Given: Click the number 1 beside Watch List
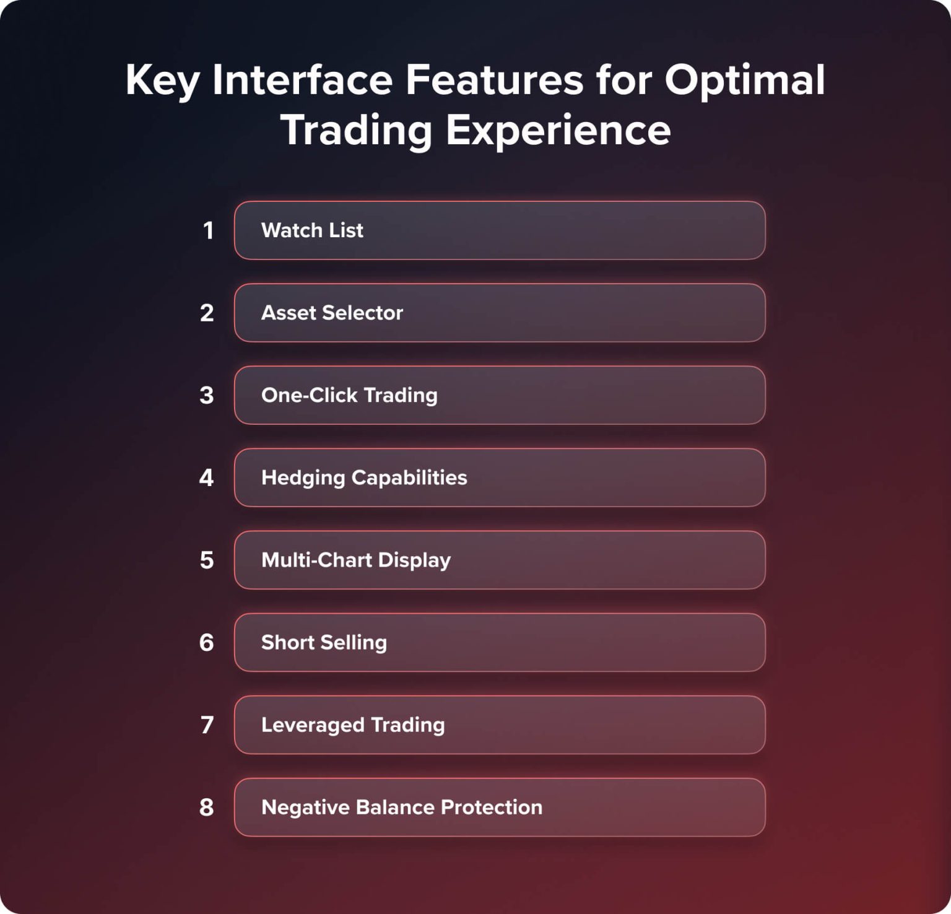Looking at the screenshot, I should [x=208, y=230].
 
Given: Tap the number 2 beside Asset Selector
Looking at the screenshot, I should [x=207, y=313].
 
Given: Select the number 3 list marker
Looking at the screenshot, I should [x=207, y=395].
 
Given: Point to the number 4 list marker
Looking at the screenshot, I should [x=207, y=477].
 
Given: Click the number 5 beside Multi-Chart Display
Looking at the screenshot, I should [x=207, y=560].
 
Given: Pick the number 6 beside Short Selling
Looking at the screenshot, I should [x=207, y=642].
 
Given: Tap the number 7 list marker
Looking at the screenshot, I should [x=207, y=725].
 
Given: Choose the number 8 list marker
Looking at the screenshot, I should [x=207, y=807].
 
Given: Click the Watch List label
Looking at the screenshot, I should [x=312, y=230].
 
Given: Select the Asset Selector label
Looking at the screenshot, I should [x=332, y=313].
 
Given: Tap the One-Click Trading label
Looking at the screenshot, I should [x=349, y=395].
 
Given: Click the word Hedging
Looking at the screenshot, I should [x=303, y=478].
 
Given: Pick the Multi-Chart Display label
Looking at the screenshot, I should [x=356, y=560].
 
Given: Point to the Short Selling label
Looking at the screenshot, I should [x=324, y=642].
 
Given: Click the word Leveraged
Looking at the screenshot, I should [x=313, y=725].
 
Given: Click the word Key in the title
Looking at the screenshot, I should [x=162, y=81].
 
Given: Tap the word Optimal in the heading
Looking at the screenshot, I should [x=745, y=81].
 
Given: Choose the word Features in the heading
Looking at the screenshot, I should [x=494, y=80].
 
